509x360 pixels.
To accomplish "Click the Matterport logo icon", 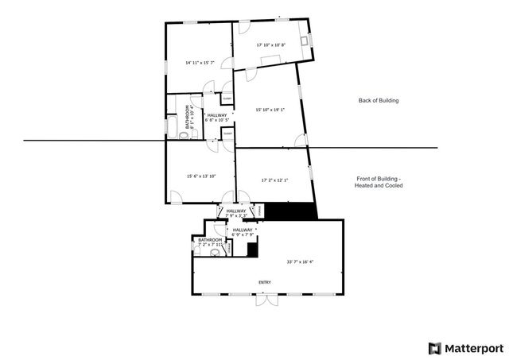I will (x=433, y=347).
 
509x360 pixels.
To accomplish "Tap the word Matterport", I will (x=473, y=347).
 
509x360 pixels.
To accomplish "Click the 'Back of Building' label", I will (x=378, y=101).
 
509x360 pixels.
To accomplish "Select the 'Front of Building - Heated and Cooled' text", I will (x=379, y=182).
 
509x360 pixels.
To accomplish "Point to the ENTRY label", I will (x=265, y=282).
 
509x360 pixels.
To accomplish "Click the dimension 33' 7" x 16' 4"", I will (x=300, y=261).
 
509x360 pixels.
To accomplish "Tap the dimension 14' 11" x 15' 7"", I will (x=200, y=62).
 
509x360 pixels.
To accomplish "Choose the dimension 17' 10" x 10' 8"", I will (x=271, y=45).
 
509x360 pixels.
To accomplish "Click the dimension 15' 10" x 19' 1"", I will (x=269, y=110).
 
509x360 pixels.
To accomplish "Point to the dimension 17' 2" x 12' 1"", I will (x=274, y=180).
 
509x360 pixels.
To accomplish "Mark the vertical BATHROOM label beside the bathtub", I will (x=188, y=116).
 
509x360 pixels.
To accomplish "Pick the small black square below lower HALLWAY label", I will (x=252, y=250).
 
